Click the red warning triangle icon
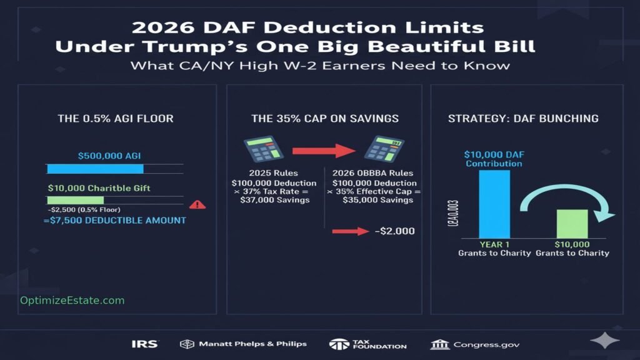click(197, 204)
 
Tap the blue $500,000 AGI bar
click(95, 169)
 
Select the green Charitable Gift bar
click(75, 200)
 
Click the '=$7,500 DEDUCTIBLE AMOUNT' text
click(114, 221)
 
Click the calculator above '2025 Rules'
click(260, 151)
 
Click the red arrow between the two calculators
click(319, 151)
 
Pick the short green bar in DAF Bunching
click(572, 224)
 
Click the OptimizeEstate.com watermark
click(72, 301)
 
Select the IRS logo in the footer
click(145, 344)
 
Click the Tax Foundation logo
click(368, 344)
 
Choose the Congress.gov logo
click(475, 344)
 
